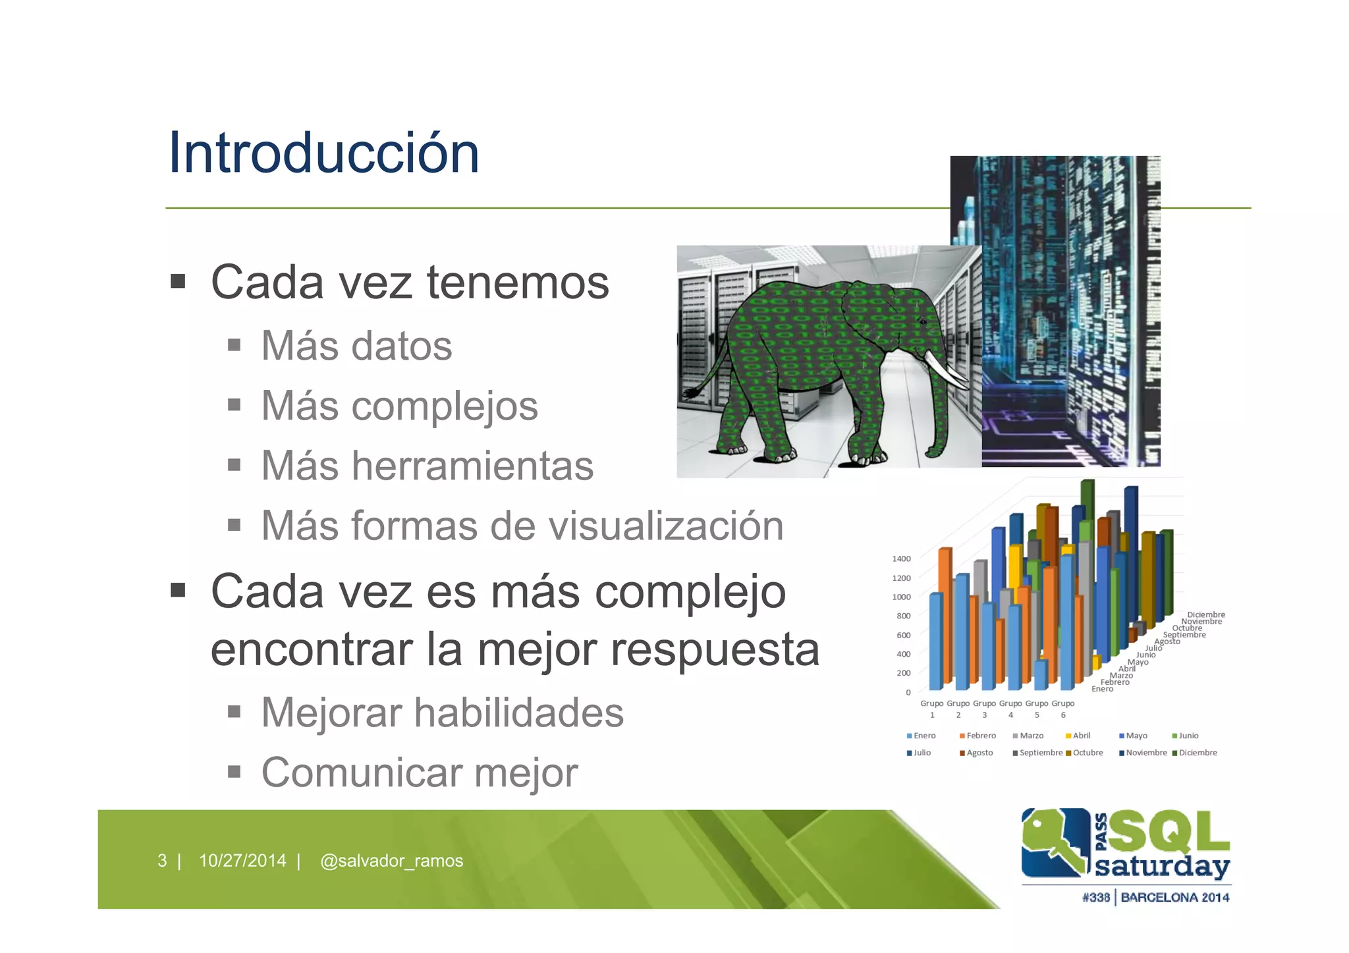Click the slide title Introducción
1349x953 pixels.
pyautogui.click(x=323, y=153)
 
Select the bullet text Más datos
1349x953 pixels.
pyautogui.click(x=356, y=346)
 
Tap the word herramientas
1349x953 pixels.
pyautogui.click(x=472, y=466)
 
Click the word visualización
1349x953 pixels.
pyautogui.click(x=665, y=526)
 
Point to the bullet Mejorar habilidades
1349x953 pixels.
pyautogui.click(x=442, y=713)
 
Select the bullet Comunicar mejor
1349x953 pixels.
pyautogui.click(x=419, y=773)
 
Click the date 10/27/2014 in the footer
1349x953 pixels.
pyautogui.click(x=242, y=861)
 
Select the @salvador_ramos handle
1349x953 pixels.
pyautogui.click(x=391, y=861)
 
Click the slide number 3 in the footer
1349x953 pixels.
pyautogui.click(x=162, y=861)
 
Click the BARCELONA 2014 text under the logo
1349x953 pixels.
pyautogui.click(x=1174, y=897)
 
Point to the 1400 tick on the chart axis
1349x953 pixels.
pyautogui.click(x=901, y=558)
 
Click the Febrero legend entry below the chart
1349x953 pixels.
pyautogui.click(x=980, y=736)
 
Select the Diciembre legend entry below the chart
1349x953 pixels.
pyautogui.click(x=1197, y=753)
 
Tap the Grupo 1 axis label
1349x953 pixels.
pyautogui.click(x=931, y=709)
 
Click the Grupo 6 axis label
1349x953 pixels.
pyautogui.click(x=1062, y=709)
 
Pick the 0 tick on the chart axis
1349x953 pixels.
pyautogui.click(x=908, y=692)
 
